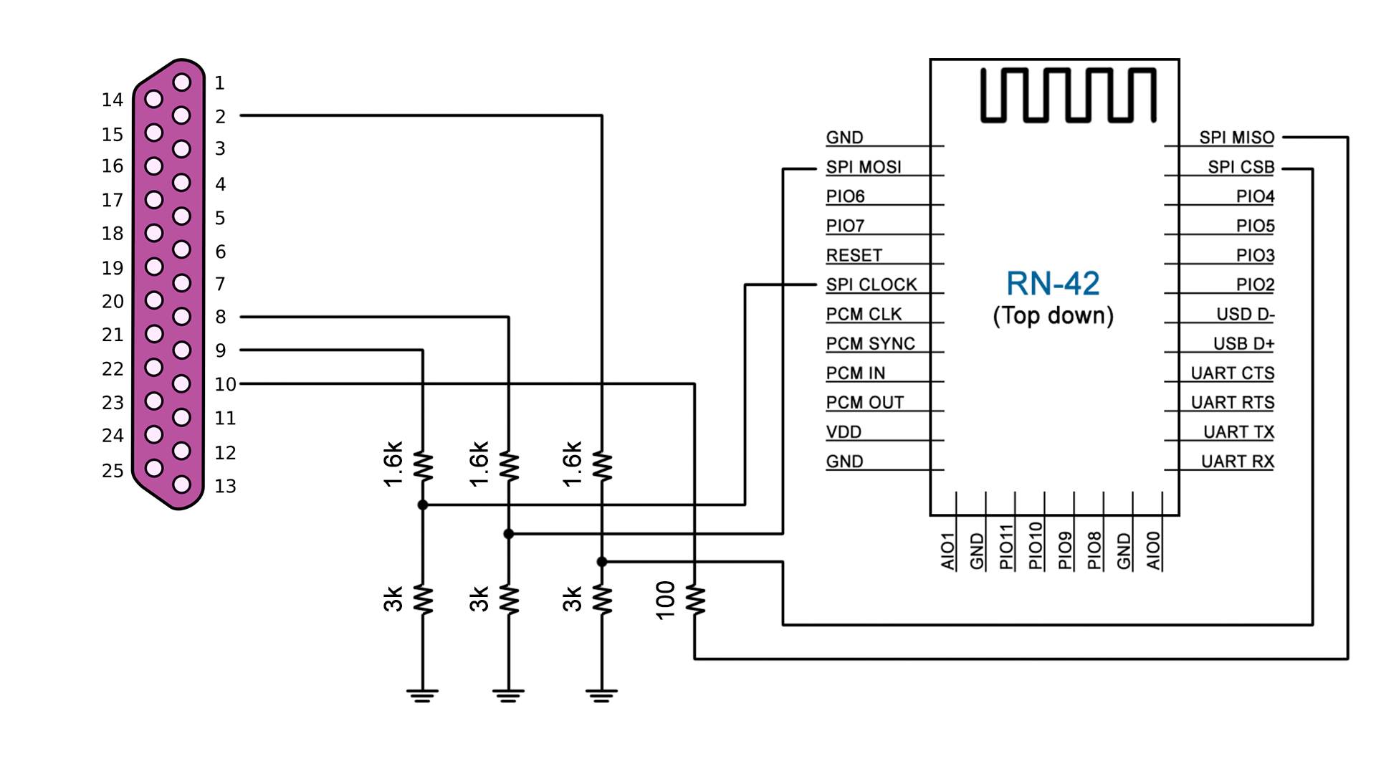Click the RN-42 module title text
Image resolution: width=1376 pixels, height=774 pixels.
click(1052, 284)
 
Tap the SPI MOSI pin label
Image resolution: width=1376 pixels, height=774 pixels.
click(863, 167)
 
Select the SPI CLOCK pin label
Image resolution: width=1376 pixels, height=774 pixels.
click(871, 285)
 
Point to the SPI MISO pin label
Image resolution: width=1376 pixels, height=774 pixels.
click(1236, 138)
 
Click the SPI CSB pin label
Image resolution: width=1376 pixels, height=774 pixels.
click(1241, 167)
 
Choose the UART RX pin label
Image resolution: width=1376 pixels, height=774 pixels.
click(1237, 462)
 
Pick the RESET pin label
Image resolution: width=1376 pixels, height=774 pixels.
click(854, 255)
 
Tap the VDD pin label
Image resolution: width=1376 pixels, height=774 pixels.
click(844, 432)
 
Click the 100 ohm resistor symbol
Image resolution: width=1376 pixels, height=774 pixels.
click(694, 600)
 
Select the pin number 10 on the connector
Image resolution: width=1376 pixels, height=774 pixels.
click(225, 384)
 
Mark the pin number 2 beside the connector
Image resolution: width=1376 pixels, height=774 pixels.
click(220, 116)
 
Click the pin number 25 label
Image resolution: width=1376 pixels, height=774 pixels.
click(113, 471)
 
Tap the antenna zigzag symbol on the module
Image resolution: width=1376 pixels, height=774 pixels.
click(1068, 95)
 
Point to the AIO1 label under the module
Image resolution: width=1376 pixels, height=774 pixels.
click(947, 550)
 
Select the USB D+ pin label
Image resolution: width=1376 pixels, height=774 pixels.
click(1243, 344)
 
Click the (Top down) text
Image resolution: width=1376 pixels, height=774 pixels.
click(1052, 316)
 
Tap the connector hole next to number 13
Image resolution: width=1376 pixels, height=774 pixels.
click(182, 484)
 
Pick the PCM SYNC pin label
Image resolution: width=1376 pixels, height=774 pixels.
click(870, 344)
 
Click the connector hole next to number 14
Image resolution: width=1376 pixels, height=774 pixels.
click(153, 99)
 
